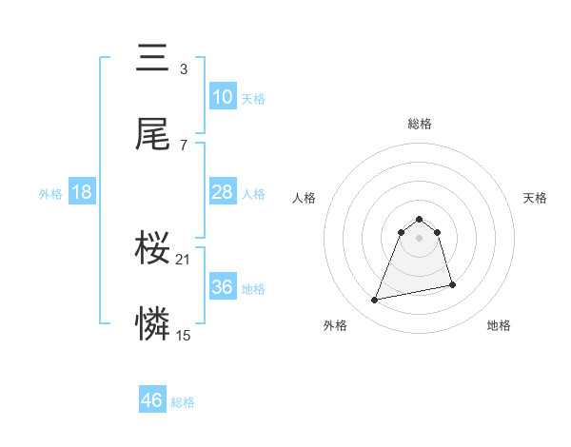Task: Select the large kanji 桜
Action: (153, 249)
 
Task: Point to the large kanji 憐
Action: (153, 325)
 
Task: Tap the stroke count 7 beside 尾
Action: (183, 145)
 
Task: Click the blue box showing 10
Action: (222, 97)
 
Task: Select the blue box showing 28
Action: (222, 192)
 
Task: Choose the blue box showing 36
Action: (222, 287)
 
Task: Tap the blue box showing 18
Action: (82, 192)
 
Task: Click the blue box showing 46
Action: (152, 400)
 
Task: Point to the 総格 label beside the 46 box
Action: (183, 402)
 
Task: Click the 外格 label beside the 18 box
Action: (50, 194)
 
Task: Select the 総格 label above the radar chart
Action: (419, 124)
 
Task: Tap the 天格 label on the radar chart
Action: (535, 198)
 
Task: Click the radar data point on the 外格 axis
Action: (375, 301)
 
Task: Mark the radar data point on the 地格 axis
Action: (452, 284)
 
